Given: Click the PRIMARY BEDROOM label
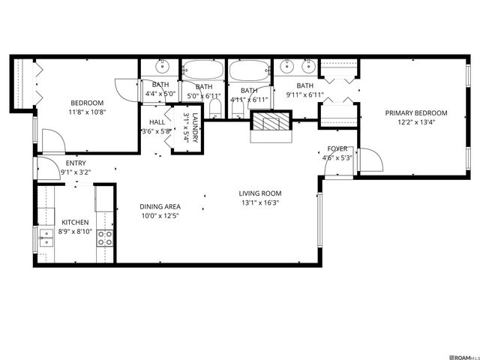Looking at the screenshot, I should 416,113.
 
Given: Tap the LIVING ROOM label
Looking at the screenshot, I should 261,193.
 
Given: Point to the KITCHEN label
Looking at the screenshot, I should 75,222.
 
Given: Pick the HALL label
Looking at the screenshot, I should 157,121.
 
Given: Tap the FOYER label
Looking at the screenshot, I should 337,148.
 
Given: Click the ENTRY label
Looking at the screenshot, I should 76,163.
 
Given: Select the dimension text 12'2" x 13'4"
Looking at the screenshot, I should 416,123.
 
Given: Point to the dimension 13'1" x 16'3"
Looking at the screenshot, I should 261,202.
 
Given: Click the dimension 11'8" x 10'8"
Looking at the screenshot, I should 87,112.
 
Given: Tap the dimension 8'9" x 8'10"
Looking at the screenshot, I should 75,232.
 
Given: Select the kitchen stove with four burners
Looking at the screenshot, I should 106,238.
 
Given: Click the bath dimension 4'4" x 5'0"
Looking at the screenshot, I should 160,94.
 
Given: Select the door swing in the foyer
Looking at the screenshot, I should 370,160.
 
